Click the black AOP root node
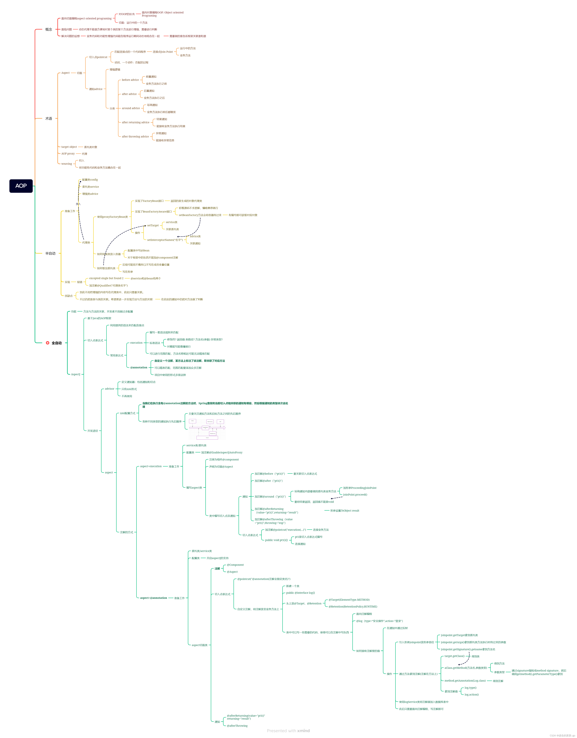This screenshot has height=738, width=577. [x=21, y=186]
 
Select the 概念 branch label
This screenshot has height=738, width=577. [x=49, y=29]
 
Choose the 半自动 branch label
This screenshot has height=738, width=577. [x=50, y=253]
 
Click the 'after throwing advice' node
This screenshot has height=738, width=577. [x=135, y=136]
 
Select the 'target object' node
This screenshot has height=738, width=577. [x=69, y=147]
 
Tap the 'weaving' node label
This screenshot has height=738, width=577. [x=67, y=164]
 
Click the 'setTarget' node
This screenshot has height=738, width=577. [x=153, y=225]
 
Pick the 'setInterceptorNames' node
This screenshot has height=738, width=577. [x=165, y=240]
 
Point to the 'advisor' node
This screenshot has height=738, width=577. [x=109, y=389]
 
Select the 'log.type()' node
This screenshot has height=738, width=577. [x=470, y=688]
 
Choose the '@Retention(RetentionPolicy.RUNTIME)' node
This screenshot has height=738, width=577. [x=353, y=607]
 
